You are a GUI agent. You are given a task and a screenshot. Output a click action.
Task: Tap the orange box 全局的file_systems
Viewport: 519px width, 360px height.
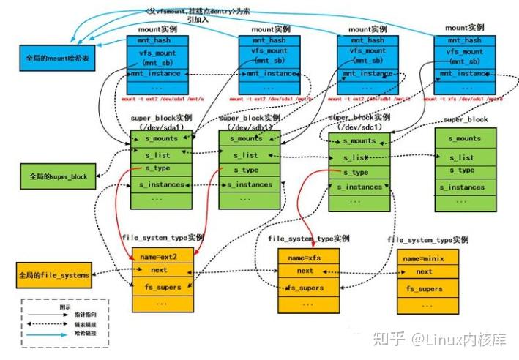click(54, 275)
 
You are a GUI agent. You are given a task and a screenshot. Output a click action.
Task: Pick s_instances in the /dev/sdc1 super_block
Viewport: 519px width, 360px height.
click(359, 187)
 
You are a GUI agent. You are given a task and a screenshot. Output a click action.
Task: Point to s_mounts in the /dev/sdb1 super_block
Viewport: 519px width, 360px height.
click(250, 138)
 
